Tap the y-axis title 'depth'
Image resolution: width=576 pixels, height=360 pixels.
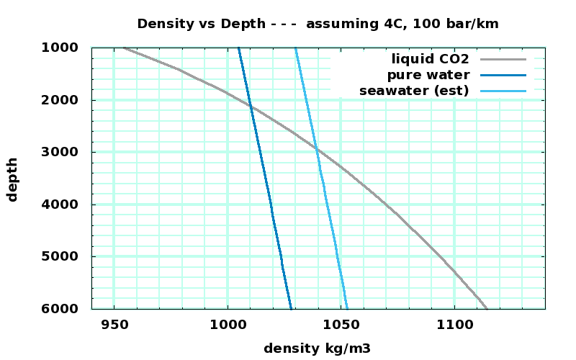pos(12,179)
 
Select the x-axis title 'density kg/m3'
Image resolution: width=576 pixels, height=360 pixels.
pos(318,348)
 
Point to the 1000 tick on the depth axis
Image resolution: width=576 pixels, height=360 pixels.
pos(66,48)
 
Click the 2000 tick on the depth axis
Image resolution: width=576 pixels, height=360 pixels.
pos(66,100)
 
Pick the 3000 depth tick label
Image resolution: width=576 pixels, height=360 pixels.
pos(66,152)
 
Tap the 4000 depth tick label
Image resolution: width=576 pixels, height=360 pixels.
pos(66,204)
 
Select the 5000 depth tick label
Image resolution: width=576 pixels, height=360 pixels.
pos(66,256)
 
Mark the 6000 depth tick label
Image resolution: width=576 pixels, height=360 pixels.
pos(66,309)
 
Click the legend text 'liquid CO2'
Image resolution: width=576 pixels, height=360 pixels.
pos(431,58)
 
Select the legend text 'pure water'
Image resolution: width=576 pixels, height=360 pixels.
pos(428,75)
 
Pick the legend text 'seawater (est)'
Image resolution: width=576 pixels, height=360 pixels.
pos(414,91)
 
